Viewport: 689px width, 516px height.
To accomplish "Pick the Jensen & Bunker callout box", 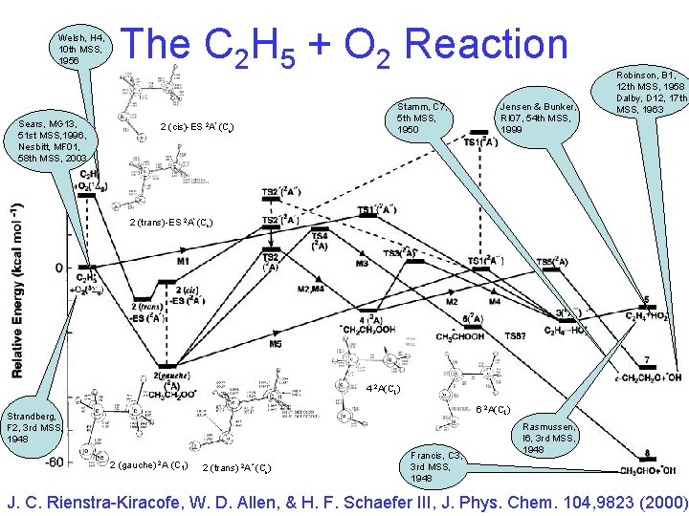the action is [x=535, y=115].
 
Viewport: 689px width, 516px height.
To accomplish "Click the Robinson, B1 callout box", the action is [x=651, y=90].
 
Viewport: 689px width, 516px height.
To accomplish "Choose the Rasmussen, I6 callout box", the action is [x=549, y=438].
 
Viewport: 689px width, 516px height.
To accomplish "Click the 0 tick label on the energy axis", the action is [x=57, y=268].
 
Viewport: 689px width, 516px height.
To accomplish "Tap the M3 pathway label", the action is [x=362, y=263].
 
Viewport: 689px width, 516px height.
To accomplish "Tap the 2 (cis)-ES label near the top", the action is [x=195, y=126].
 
